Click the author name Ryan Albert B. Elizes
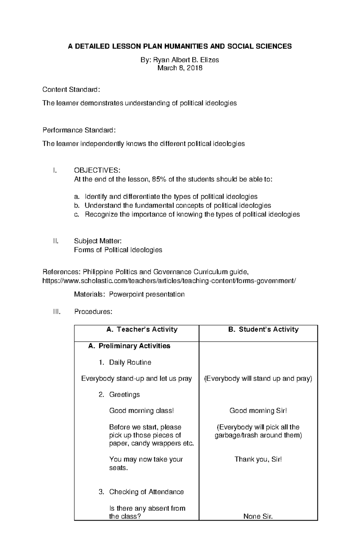click(x=186, y=60)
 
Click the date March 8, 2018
click(x=180, y=68)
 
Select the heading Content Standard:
click(x=71, y=90)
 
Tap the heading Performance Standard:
click(x=79, y=130)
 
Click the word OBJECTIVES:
click(x=97, y=171)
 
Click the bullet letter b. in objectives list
click(x=77, y=206)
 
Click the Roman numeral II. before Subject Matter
click(x=55, y=241)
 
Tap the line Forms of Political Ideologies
click(x=118, y=250)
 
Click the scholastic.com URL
click(x=169, y=281)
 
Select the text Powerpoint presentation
click(x=147, y=294)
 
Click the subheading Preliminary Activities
click(x=134, y=346)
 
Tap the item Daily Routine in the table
click(x=130, y=362)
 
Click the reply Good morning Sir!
click(x=258, y=411)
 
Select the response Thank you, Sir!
click(x=258, y=459)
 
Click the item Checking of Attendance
click(x=146, y=492)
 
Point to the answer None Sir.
click(x=258, y=516)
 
